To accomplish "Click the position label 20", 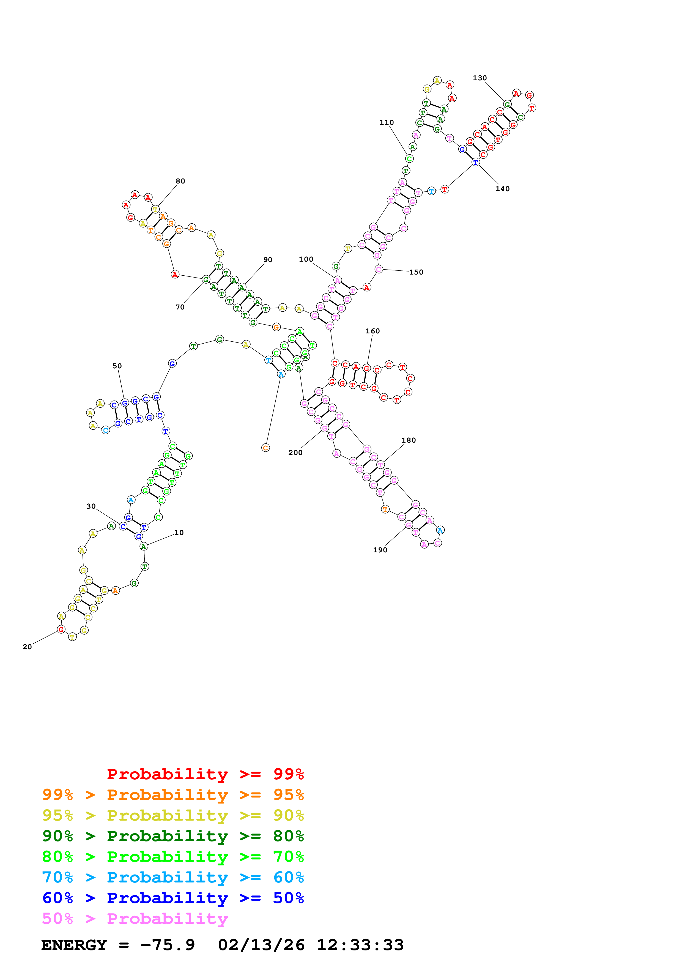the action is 27,647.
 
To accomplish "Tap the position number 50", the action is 117,366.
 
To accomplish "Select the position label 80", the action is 180,181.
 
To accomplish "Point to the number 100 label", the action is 306,259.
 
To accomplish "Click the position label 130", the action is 480,78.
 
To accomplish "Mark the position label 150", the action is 416,272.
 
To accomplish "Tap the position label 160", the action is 372,331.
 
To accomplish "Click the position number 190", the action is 380,550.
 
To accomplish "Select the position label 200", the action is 295,453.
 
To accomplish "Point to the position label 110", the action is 387,123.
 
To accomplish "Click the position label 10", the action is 179,533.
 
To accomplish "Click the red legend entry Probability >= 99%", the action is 205,774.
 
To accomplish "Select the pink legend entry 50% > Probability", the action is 135,919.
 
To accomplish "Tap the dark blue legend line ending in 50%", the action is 173,898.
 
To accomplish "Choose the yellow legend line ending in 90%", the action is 173,815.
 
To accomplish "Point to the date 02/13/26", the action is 261,945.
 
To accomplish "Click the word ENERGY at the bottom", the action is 74,945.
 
